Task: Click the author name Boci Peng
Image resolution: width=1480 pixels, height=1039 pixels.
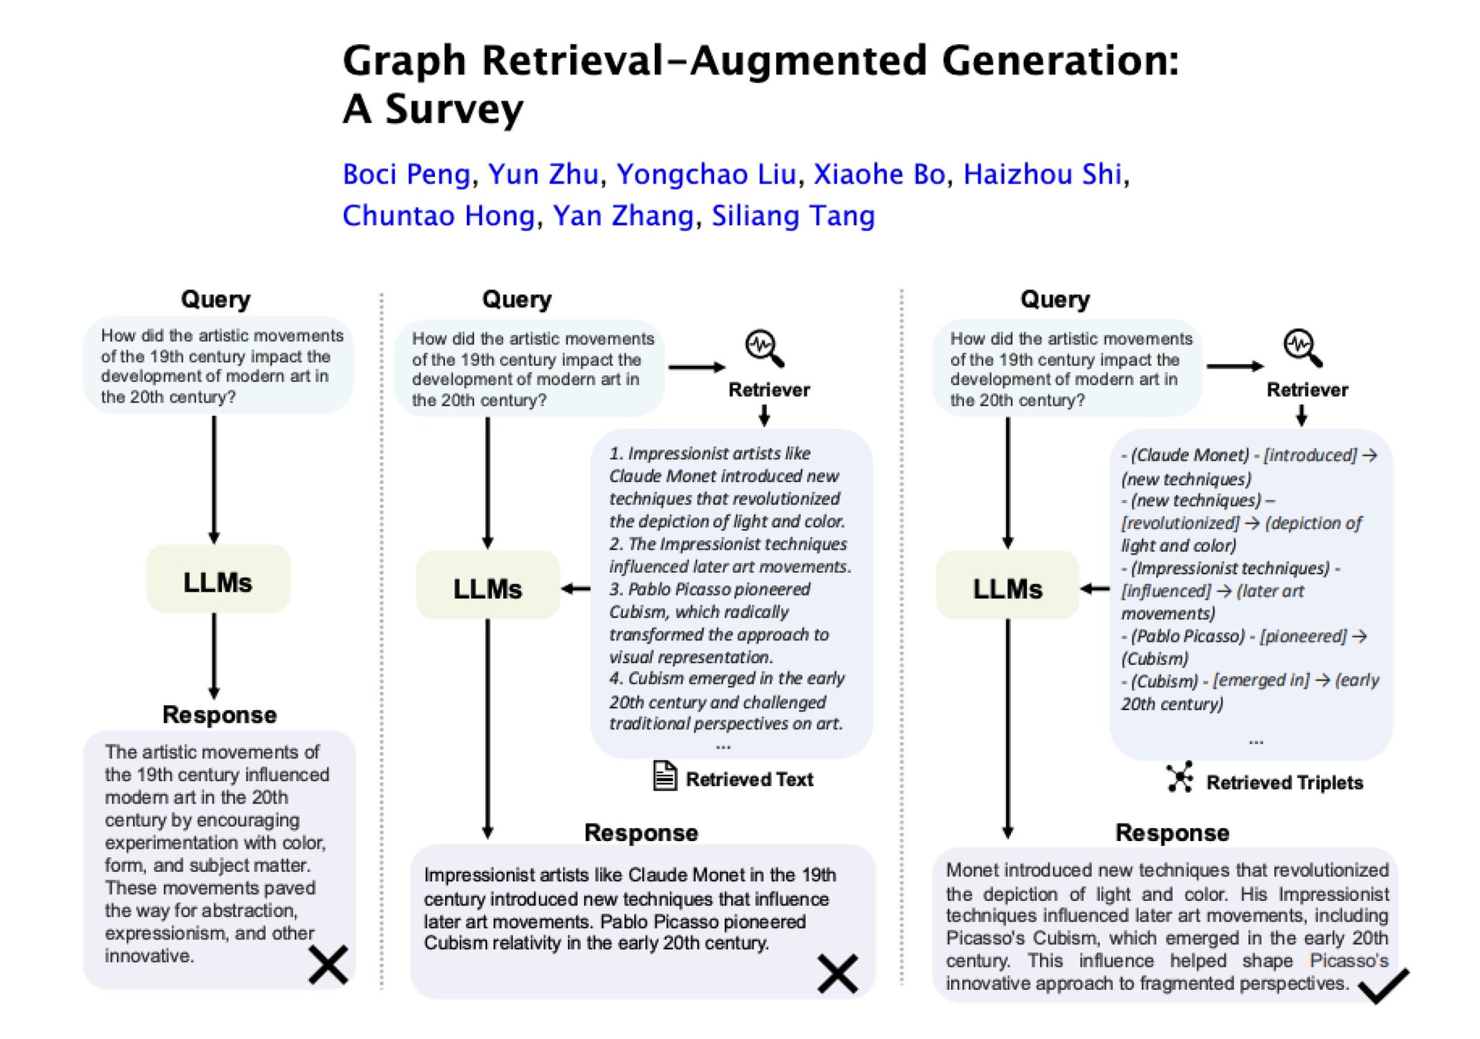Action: [x=406, y=175]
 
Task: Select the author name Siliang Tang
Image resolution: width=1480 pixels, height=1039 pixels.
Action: [x=793, y=216]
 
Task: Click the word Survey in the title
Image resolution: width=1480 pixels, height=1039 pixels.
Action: [x=454, y=109]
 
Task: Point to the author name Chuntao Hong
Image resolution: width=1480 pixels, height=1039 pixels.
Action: [x=439, y=216]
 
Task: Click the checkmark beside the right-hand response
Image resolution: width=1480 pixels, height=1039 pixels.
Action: [x=1383, y=986]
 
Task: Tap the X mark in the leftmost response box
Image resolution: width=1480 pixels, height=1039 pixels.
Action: [x=328, y=965]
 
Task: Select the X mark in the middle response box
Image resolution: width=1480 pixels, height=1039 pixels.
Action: [x=838, y=973]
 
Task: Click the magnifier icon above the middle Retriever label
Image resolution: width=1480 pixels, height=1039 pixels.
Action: [x=765, y=348]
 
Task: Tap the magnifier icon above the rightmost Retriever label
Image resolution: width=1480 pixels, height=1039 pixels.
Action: [x=1303, y=348]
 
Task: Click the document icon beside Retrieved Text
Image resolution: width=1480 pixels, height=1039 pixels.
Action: [x=665, y=777]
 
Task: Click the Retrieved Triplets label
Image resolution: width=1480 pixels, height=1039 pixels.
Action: [x=1284, y=783]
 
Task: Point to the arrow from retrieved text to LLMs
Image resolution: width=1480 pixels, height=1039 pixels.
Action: [x=576, y=589]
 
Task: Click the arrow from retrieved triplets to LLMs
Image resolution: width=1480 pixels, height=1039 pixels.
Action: [x=1095, y=589]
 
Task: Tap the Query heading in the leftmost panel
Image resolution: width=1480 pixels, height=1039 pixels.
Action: [x=215, y=300]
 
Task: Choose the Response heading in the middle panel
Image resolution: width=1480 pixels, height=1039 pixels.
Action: [x=641, y=833]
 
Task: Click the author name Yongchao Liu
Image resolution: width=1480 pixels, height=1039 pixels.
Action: [x=706, y=175]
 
